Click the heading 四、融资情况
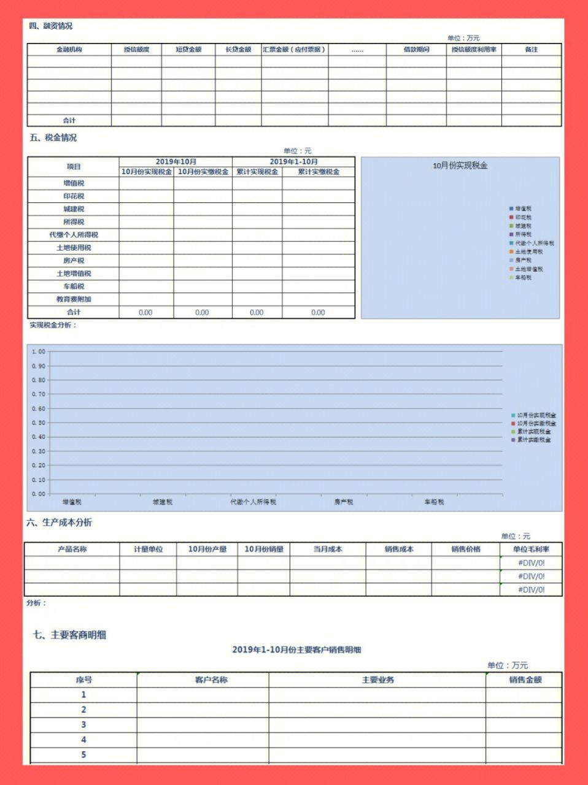(51, 26)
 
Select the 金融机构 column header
(69, 50)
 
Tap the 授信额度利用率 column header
(474, 50)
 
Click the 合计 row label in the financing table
(69, 120)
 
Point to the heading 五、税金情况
(53, 138)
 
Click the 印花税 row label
(74, 196)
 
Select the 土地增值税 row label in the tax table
(74, 274)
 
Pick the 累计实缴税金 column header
(319, 172)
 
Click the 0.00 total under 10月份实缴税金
(202, 312)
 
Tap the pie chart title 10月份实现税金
(460, 166)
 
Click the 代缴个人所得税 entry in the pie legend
(534, 243)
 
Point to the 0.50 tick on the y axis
(39, 423)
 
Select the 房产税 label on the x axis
(344, 502)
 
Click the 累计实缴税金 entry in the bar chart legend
(533, 440)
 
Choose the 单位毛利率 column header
(531, 549)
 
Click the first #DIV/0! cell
(531, 562)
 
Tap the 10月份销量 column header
(264, 549)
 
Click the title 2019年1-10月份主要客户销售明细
(296, 649)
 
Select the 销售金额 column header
(525, 680)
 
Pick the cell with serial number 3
(83, 725)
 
